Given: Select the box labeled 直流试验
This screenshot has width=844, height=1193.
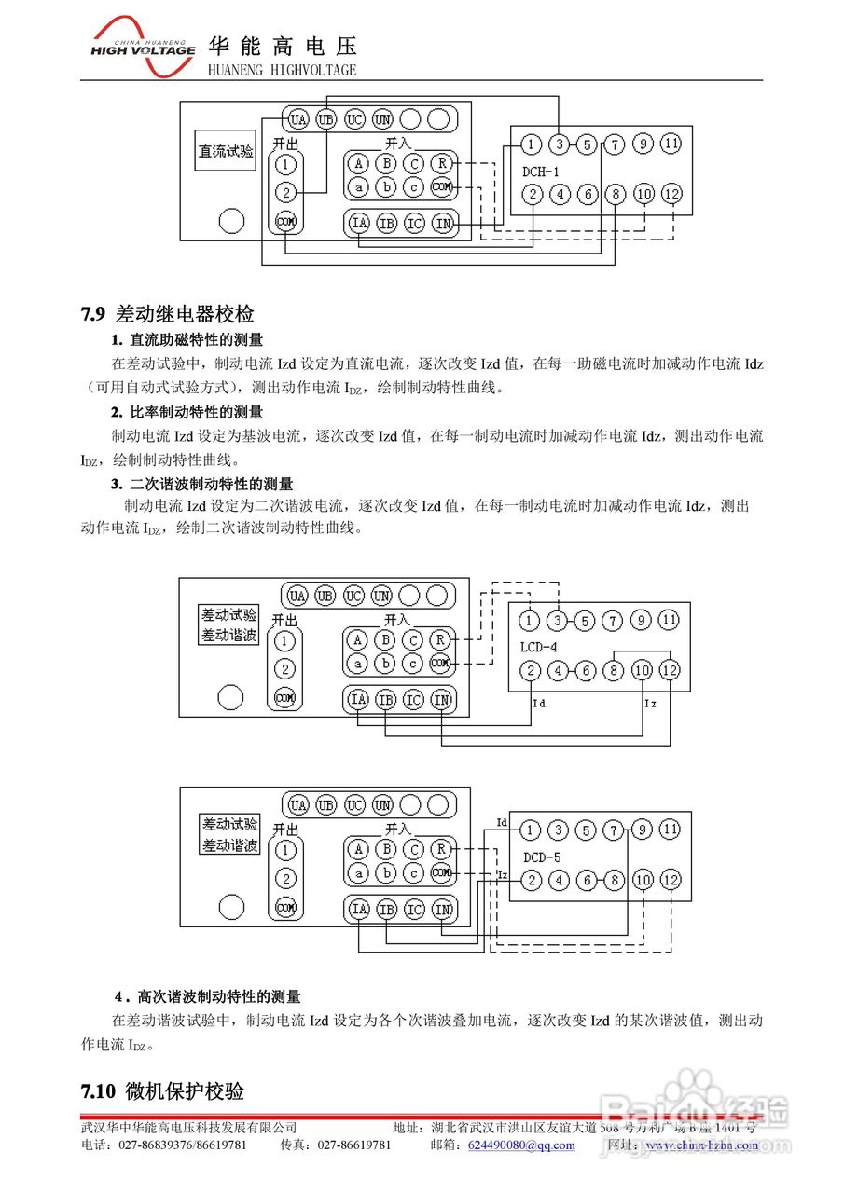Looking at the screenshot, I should pyautogui.click(x=225, y=151).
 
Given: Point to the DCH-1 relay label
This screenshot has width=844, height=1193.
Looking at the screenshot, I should pyautogui.click(x=542, y=171).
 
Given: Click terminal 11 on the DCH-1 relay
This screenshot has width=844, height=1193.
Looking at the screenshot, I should pyautogui.click(x=671, y=144).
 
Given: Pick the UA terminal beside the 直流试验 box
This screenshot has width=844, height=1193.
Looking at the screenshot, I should pyautogui.click(x=297, y=119).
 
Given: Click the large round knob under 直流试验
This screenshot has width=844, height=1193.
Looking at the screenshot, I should pyautogui.click(x=231, y=221).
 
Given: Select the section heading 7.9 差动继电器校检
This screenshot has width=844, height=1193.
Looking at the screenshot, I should pyautogui.click(x=168, y=314).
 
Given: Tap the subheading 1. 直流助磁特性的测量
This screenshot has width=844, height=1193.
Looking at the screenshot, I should pyautogui.click(x=187, y=340).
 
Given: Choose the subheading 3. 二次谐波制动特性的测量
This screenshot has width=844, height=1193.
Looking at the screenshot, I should pyautogui.click(x=201, y=484).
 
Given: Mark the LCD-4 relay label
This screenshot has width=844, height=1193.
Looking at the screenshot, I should pyautogui.click(x=540, y=645).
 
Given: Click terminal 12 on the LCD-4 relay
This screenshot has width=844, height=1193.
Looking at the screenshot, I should pyautogui.click(x=670, y=670).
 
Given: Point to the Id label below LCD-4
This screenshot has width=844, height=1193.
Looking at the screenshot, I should pyautogui.click(x=538, y=704).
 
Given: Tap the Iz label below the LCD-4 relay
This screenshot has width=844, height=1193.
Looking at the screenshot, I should pyautogui.click(x=650, y=704).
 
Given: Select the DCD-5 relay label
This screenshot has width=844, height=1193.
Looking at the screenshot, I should pyautogui.click(x=542, y=857).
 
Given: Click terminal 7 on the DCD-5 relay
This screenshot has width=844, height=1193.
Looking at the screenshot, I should pyautogui.click(x=614, y=830).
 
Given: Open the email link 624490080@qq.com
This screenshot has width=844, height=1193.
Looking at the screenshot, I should pyautogui.click(x=521, y=1145).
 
